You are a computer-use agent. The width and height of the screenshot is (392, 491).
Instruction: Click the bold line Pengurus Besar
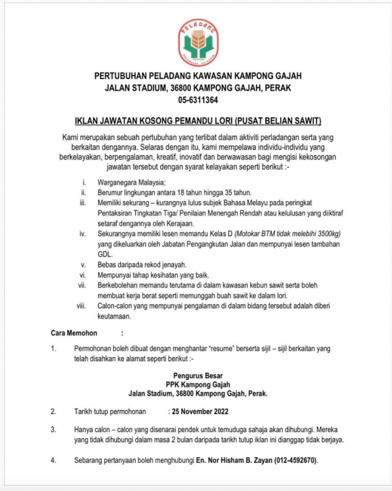(197, 375)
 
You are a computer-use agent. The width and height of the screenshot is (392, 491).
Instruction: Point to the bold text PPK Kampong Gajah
(197, 385)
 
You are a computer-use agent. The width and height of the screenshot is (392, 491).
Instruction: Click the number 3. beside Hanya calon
(54, 430)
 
